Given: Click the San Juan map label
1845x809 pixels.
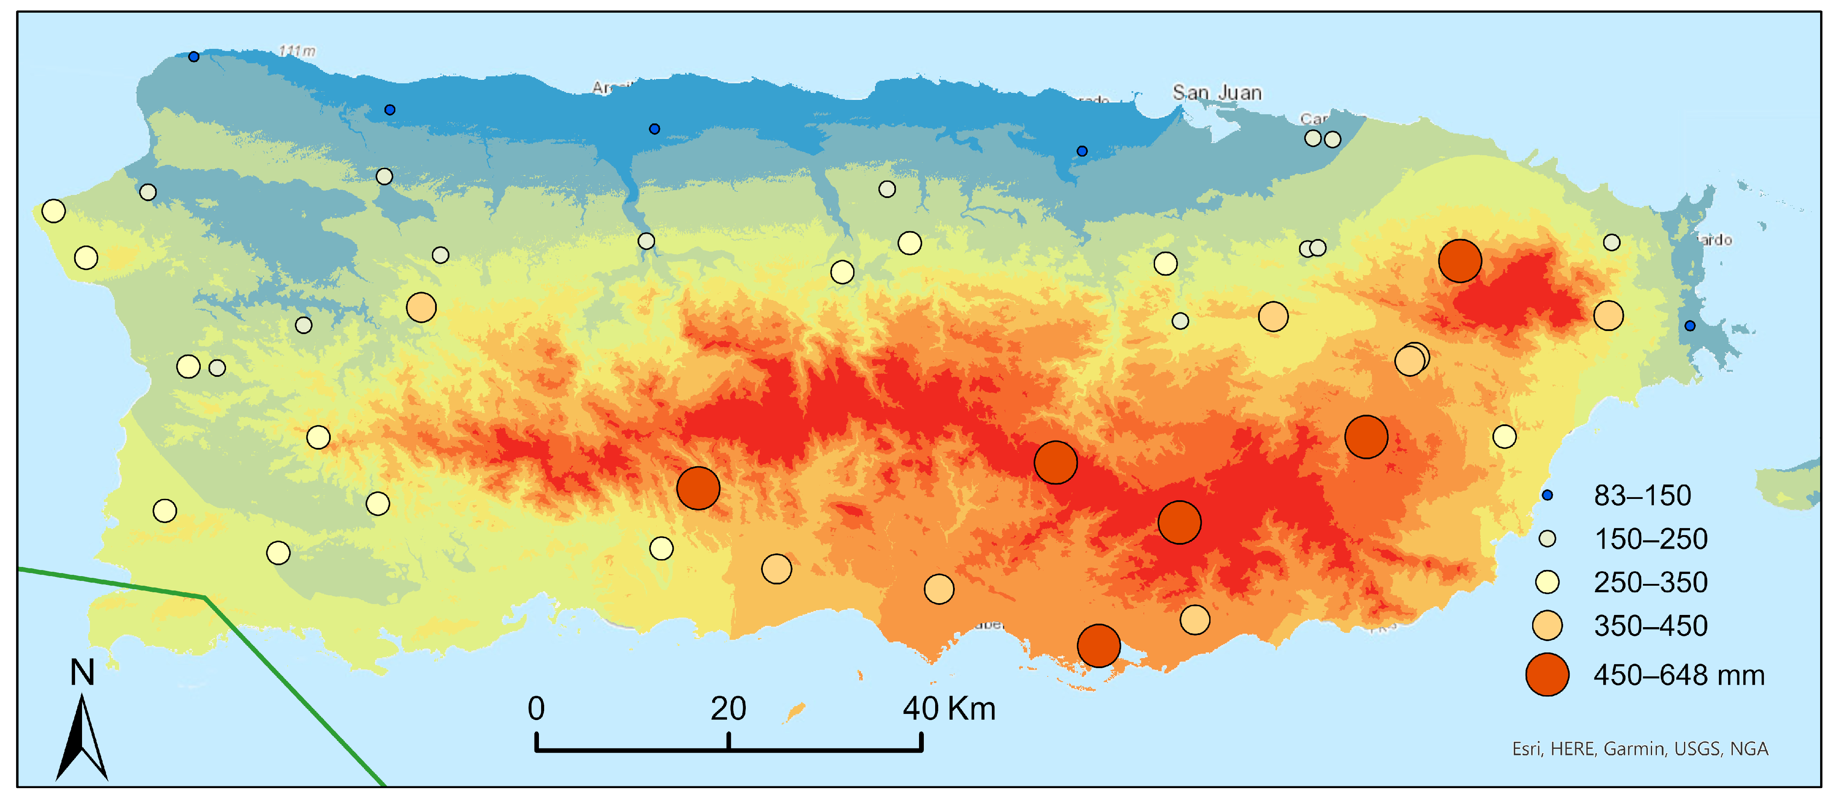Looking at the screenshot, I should pyautogui.click(x=1216, y=92).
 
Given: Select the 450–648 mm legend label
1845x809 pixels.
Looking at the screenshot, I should pyautogui.click(x=1678, y=675).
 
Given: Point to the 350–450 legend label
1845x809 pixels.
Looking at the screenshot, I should pyautogui.click(x=1650, y=626).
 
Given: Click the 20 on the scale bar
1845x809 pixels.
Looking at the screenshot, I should pyautogui.click(x=728, y=709).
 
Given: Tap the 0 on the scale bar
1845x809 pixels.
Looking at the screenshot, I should pyautogui.click(x=536, y=709).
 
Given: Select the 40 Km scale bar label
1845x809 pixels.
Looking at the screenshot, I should pyautogui.click(x=948, y=709).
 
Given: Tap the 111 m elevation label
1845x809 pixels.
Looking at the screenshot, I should pyautogui.click(x=297, y=51).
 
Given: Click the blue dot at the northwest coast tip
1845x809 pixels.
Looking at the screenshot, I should pyautogui.click(x=193, y=57).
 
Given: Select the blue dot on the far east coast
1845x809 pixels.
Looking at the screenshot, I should pyautogui.click(x=1690, y=326).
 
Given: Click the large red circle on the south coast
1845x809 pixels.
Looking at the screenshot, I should pyautogui.click(x=1098, y=645).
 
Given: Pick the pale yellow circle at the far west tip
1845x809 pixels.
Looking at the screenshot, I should pyautogui.click(x=54, y=211).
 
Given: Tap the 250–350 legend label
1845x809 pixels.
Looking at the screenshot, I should pyautogui.click(x=1650, y=582).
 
